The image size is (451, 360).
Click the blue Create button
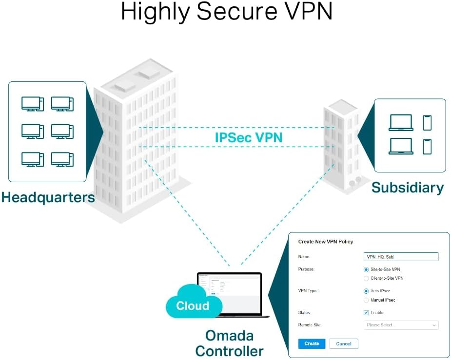coord(311,343)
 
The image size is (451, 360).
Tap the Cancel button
coord(344,343)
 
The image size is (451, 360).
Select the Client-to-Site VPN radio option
coord(367,278)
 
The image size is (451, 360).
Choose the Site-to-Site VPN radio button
coord(367,269)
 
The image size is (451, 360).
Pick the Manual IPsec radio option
coord(367,300)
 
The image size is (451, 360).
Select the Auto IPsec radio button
coord(367,291)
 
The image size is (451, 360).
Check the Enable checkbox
coord(367,313)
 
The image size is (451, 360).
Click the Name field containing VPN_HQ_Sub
coord(401,257)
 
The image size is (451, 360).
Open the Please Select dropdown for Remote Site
coord(401,325)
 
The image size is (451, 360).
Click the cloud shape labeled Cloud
coord(193,305)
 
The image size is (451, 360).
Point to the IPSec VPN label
coord(249,137)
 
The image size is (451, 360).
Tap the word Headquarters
coord(47,197)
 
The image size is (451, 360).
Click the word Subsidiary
coord(408,188)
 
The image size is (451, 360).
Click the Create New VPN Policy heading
coord(325,242)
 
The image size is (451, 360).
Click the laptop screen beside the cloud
coord(229,287)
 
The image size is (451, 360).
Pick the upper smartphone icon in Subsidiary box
coord(427,123)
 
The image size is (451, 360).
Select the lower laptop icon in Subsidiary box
coord(401,146)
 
